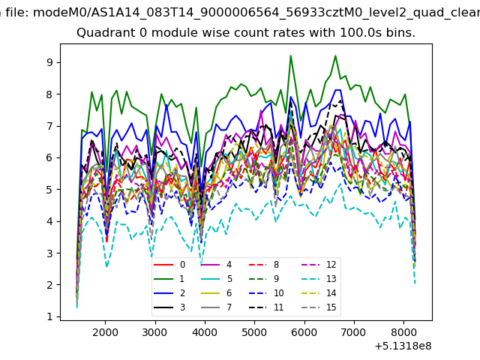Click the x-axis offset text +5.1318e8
pos(402,346)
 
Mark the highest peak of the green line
pos(290,55)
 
